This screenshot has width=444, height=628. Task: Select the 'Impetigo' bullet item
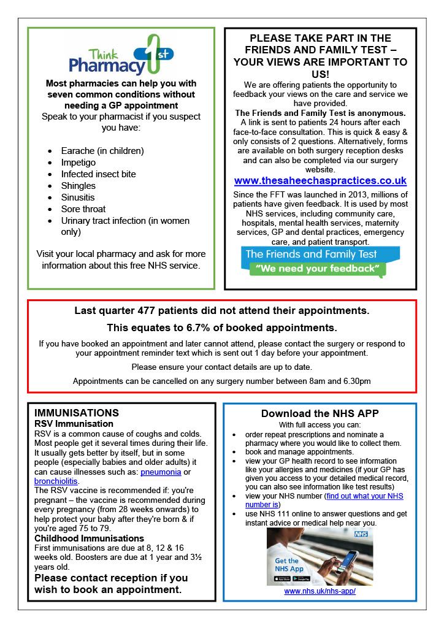[x=78, y=163]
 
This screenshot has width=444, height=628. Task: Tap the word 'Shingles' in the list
[x=78, y=186]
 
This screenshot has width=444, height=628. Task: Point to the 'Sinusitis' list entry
[x=78, y=197]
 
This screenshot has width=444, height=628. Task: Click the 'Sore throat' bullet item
[x=83, y=209]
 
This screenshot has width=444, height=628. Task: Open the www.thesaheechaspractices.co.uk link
[x=320, y=181]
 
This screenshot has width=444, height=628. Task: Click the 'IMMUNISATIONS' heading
[x=77, y=413]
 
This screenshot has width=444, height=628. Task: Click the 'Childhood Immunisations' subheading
[x=81, y=538]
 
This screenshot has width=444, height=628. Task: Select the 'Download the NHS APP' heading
[x=320, y=413]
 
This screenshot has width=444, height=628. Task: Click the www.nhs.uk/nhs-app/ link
[x=320, y=591]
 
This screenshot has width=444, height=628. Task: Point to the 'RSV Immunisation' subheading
[x=74, y=424]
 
